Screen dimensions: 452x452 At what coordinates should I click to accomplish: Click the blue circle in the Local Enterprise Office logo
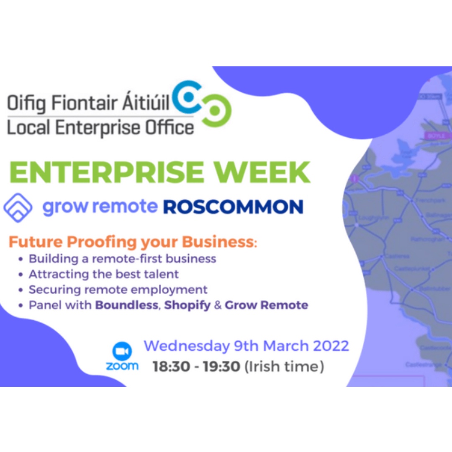click(x=189, y=97)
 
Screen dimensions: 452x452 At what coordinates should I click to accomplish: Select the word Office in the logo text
click(x=172, y=127)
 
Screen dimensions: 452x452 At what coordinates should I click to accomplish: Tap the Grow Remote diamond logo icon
click(x=18, y=207)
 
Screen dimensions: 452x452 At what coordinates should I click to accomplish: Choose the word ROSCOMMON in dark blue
click(x=233, y=207)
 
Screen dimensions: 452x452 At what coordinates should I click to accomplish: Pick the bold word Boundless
click(x=127, y=305)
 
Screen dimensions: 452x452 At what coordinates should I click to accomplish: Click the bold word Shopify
click(x=187, y=305)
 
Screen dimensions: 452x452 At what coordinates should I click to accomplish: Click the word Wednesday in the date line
click(x=186, y=347)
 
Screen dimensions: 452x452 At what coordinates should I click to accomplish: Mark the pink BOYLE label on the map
click(x=434, y=136)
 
